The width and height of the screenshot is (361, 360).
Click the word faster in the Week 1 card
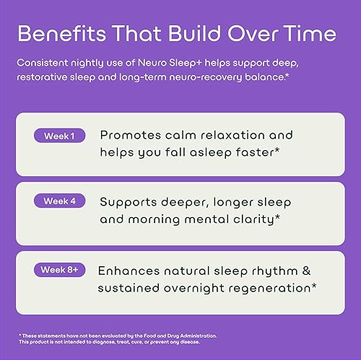(257, 152)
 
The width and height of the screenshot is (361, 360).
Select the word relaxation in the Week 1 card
(231, 135)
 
